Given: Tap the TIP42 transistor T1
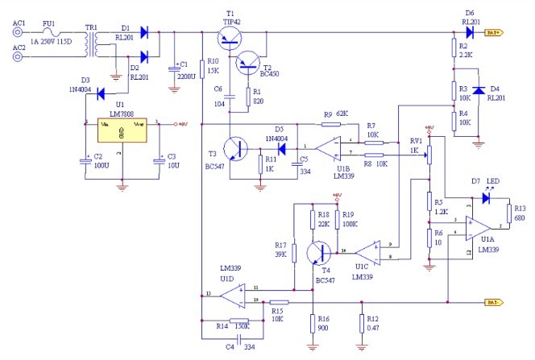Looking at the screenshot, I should point(230,39).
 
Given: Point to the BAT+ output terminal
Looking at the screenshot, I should point(494,33).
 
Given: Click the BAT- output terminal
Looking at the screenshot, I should point(494,303).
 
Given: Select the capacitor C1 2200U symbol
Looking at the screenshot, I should point(174,69).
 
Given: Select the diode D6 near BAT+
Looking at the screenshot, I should point(470,33).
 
